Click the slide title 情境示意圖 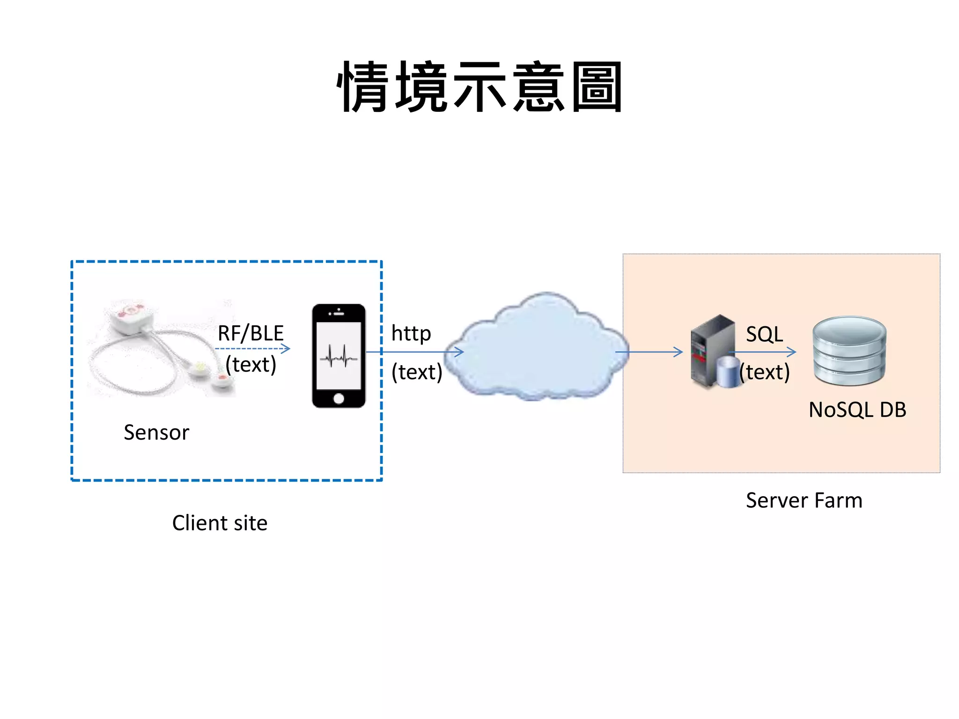479,87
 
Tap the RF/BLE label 251,333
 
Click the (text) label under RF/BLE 251,365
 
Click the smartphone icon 339,356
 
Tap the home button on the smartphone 339,398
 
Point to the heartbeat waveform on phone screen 339,357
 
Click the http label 411,333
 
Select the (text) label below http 417,372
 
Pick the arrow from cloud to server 649,352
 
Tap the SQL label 764,334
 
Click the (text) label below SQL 765,372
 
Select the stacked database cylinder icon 849,351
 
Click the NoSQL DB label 857,410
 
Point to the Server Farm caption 804,500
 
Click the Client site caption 220,522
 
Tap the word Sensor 156,432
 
